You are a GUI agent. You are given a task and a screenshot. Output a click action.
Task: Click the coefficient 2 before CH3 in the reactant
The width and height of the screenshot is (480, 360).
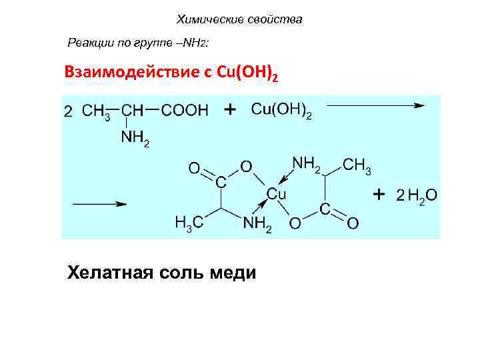68,111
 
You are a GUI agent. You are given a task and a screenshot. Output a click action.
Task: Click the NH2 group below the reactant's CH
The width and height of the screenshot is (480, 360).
135,139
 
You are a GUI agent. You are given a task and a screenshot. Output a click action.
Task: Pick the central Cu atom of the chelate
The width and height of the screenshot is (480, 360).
276,194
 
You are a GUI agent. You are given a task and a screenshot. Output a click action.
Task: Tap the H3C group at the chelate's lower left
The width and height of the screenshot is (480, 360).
189,223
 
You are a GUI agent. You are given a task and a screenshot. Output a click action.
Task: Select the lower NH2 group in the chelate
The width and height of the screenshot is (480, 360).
257,224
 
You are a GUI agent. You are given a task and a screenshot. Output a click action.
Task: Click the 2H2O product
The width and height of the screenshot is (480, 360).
416,195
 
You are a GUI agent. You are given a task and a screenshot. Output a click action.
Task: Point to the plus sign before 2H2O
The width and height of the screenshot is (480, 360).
379,194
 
